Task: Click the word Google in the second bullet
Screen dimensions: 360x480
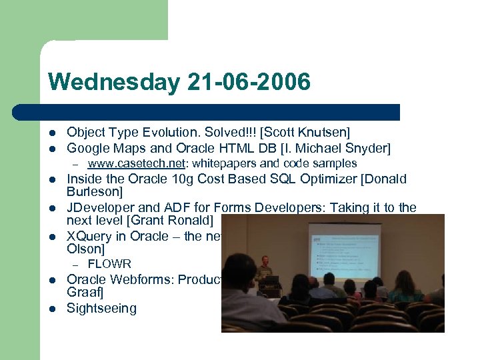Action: tap(87, 148)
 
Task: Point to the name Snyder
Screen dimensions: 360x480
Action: tap(365, 148)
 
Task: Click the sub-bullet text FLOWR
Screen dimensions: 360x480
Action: tap(109, 264)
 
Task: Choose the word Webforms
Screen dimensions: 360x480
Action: tap(141, 279)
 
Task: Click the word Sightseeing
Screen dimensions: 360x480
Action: tap(101, 308)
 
